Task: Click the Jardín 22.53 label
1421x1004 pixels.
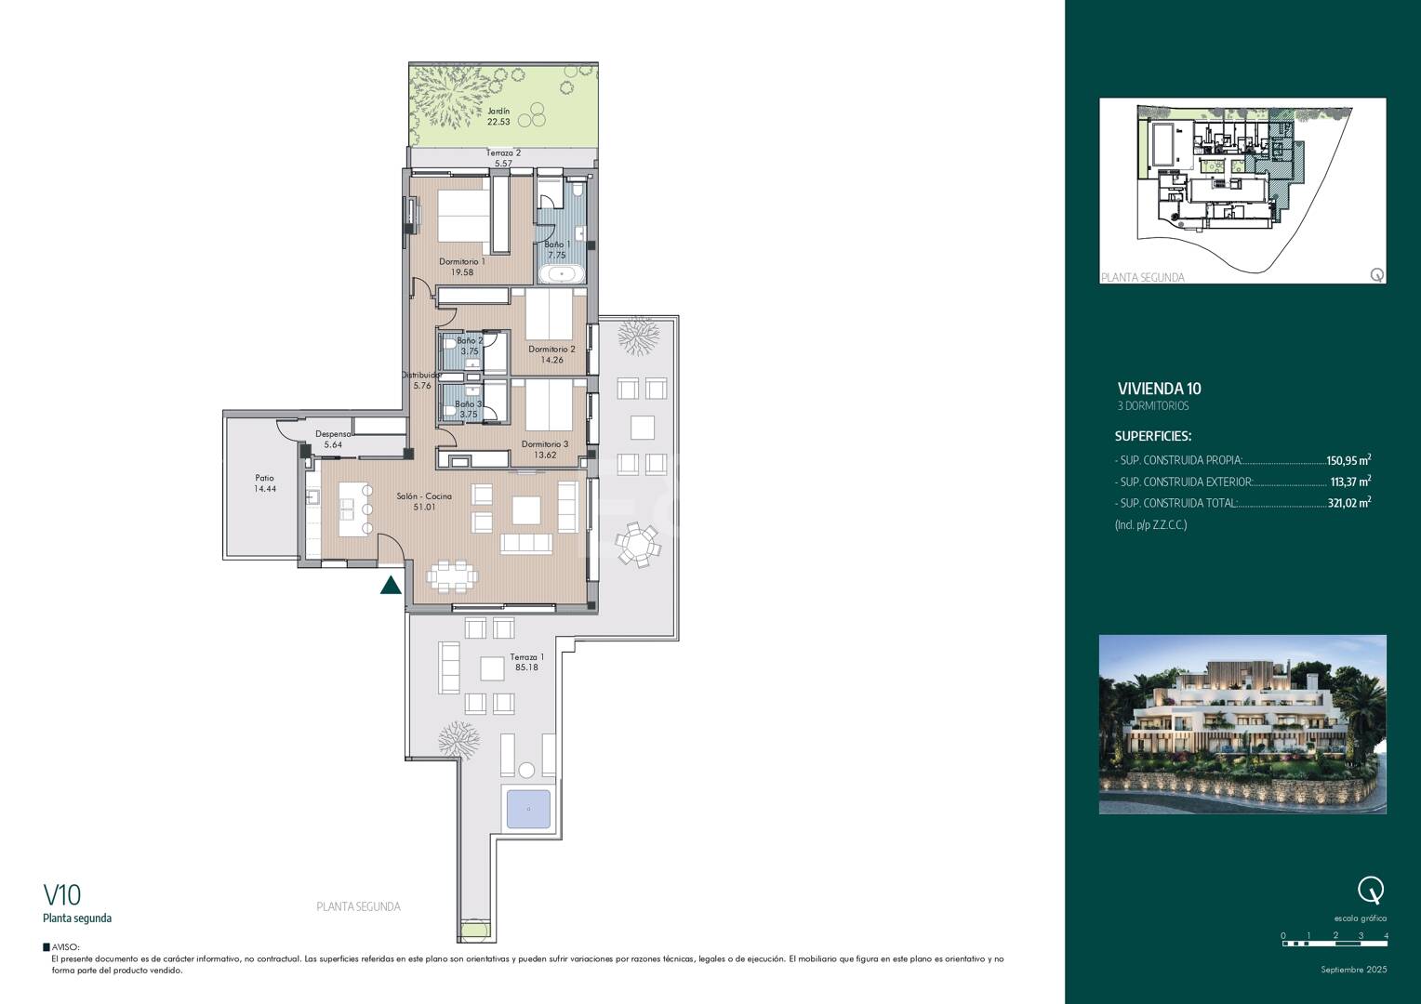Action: coord(498,116)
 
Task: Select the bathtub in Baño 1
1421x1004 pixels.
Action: coord(561,274)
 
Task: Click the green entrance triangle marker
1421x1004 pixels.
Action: coord(392,585)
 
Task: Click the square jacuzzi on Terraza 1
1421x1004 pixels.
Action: coord(528,809)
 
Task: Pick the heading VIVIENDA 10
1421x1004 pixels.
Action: coord(1159,389)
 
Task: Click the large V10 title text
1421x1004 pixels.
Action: coord(62,895)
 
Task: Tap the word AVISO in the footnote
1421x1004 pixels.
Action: coord(65,947)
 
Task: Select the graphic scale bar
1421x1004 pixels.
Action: coord(1335,944)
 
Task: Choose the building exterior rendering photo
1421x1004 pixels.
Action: coord(1242,724)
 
